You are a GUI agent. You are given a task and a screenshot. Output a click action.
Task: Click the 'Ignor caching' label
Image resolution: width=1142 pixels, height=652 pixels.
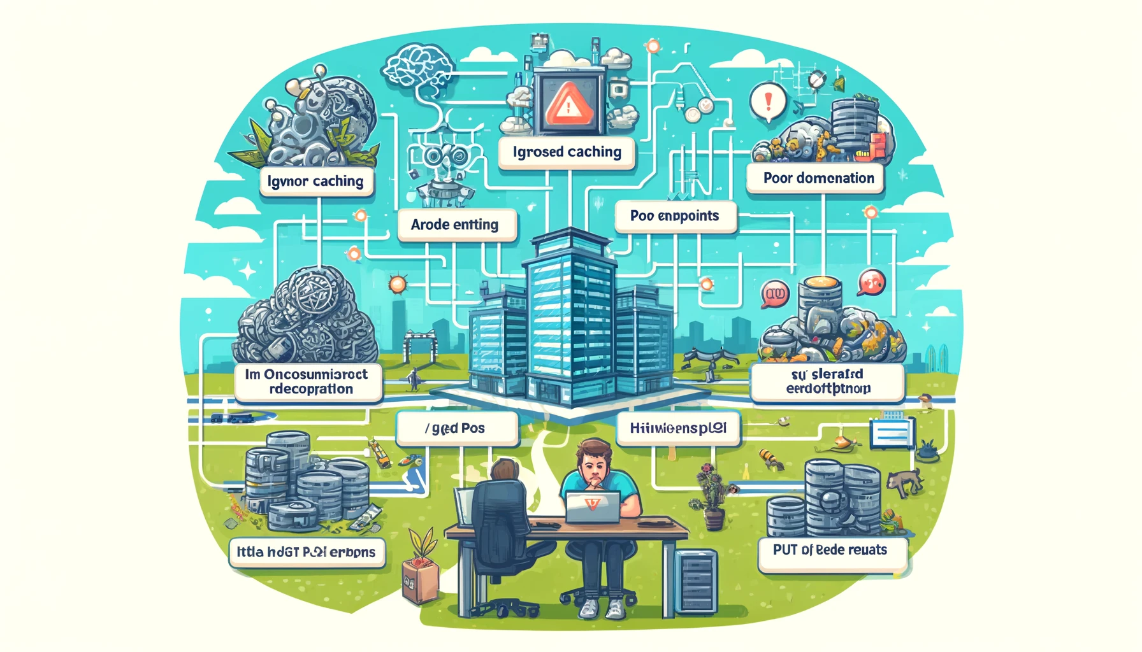click(x=315, y=181)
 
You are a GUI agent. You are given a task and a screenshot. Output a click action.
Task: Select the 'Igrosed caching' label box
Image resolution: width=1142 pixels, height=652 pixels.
click(x=567, y=152)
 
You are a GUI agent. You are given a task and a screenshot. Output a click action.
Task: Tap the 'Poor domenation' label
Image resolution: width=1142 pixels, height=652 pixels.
click(x=818, y=178)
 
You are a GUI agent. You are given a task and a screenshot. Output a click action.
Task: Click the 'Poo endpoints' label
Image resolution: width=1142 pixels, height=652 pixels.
click(x=674, y=216)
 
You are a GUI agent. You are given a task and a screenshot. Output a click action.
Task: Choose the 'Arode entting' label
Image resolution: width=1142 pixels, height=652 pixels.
click(x=455, y=225)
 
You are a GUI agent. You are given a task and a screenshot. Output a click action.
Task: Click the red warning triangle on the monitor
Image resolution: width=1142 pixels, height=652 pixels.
click(x=569, y=104)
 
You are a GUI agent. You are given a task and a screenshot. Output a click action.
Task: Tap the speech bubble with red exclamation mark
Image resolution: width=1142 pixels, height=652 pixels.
click(x=767, y=102)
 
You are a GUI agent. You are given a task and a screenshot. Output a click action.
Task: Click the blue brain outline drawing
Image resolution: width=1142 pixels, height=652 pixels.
click(x=419, y=67)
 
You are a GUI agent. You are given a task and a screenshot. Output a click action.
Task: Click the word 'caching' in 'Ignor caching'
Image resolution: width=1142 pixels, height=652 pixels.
click(x=338, y=181)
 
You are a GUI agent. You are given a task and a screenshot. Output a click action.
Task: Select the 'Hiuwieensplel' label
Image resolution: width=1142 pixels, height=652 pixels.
click(x=678, y=429)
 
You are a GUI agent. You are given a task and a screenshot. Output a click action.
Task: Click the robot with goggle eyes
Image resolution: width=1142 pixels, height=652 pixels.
click(x=441, y=166)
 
